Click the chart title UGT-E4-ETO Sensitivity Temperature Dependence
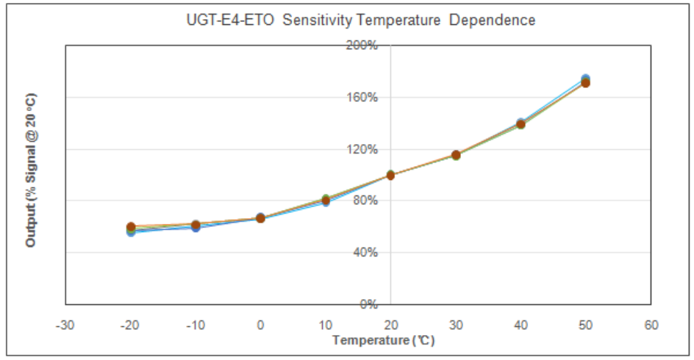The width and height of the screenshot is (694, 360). coord(361,21)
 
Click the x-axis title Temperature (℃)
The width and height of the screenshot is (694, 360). coord(383,340)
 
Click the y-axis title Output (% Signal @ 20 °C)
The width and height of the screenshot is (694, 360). coord(31,170)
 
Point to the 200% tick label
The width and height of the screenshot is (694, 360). coord(362,45)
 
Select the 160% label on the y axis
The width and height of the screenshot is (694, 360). coord(362,97)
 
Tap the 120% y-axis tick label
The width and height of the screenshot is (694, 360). coord(362,149)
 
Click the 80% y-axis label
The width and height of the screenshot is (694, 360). coord(365,201)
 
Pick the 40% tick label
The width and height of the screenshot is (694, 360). coord(365,253)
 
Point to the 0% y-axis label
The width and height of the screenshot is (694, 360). coord(369,304)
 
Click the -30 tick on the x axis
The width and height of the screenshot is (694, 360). coord(65,325)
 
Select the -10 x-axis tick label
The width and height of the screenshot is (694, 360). coord(196,325)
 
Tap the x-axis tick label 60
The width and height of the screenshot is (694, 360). coord(651,325)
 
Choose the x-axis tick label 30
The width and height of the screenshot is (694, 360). coord(456,325)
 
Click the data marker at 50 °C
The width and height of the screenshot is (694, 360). coord(585,82)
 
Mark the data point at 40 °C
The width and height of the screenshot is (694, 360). coord(521,124)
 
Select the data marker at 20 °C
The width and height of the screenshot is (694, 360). coord(390,175)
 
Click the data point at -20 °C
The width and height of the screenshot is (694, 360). coord(131,229)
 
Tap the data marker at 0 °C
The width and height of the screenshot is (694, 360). coord(260,218)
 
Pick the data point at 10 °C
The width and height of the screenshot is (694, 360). coord(326,201)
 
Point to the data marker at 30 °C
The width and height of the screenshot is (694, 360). coord(456,155)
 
